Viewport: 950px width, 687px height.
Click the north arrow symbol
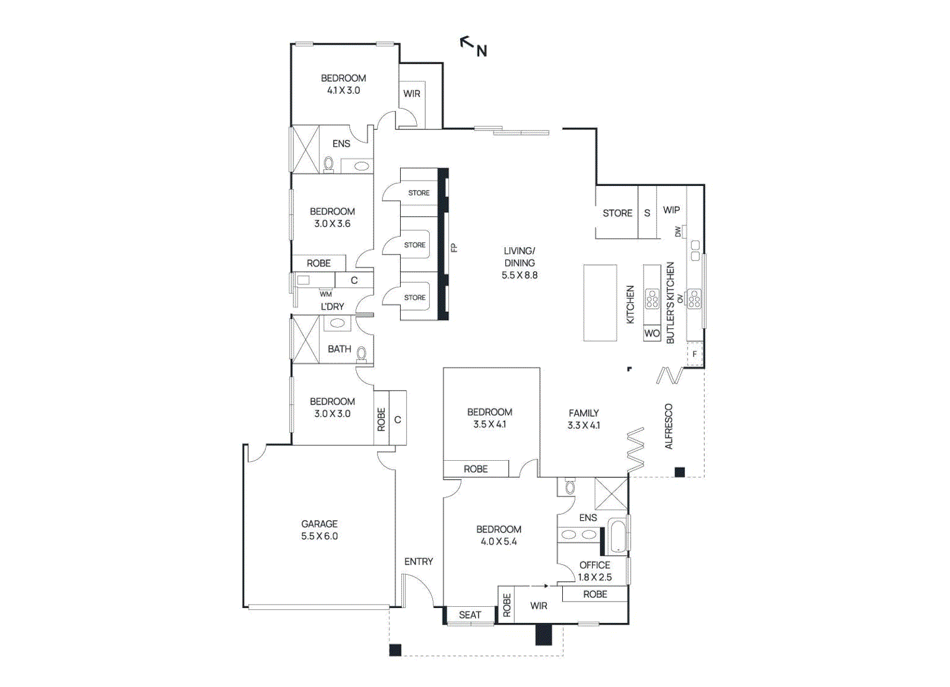(x=473, y=46)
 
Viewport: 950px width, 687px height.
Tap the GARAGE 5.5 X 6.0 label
(x=319, y=530)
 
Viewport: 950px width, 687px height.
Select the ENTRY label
(x=419, y=561)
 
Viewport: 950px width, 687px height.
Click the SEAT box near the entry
(x=470, y=615)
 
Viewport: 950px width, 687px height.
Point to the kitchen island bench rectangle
(x=600, y=303)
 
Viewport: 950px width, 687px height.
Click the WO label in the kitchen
(x=652, y=334)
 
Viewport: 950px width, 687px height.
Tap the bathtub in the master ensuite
(x=617, y=536)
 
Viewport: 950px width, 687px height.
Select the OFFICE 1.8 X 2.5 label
(x=594, y=571)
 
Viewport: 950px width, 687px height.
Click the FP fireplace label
(x=454, y=248)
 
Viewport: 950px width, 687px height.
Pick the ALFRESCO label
(x=669, y=426)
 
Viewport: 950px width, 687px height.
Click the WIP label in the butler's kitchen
(x=672, y=210)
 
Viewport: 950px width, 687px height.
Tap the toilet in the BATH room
(x=362, y=354)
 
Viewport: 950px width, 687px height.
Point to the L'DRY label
(x=332, y=306)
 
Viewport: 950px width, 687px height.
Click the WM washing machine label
(x=326, y=294)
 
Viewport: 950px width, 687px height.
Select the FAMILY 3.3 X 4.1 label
(x=584, y=419)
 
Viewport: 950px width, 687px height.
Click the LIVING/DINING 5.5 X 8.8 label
(x=520, y=263)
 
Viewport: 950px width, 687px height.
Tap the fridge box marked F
(x=695, y=354)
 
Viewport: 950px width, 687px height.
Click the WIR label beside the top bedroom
(x=411, y=94)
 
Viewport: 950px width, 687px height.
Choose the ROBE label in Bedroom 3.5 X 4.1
(x=476, y=469)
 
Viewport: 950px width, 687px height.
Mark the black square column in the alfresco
(x=680, y=472)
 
